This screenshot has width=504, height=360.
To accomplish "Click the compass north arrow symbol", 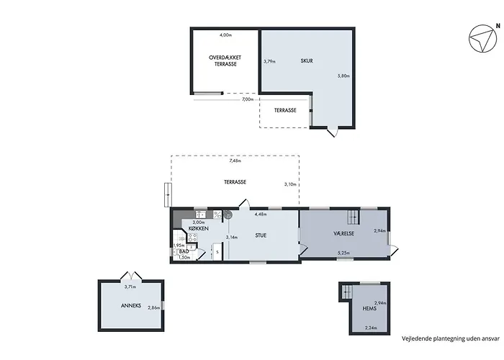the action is (484, 38).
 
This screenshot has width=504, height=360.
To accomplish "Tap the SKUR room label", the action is (307, 60).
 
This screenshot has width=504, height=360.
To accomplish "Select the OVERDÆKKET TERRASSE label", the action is (225, 60).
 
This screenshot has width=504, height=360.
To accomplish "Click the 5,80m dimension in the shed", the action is (343, 76).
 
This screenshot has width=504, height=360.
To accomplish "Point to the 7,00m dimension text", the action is (248, 99).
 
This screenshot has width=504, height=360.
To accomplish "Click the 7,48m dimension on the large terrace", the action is (235, 161).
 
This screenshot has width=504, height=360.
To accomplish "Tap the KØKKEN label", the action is (199, 228).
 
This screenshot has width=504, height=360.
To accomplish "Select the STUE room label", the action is (261, 235).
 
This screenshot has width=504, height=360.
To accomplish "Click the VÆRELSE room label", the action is (343, 233).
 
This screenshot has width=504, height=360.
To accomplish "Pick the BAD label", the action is (184, 252).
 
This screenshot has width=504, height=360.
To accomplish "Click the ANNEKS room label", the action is (131, 306).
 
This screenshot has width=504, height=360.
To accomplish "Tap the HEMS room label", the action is (369, 309).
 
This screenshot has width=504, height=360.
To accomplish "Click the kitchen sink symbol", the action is (201, 215).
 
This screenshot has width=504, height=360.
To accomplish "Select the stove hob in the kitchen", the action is (192, 238).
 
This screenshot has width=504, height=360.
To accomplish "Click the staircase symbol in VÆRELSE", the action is (353, 217).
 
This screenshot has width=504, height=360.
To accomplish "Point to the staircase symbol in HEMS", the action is (346, 292).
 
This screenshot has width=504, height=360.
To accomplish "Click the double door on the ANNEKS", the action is (131, 276).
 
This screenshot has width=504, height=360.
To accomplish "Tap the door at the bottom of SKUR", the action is (333, 132).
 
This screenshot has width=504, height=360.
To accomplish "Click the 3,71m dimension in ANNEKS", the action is (130, 287).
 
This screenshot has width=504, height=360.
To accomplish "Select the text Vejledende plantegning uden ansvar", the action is (451, 338).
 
